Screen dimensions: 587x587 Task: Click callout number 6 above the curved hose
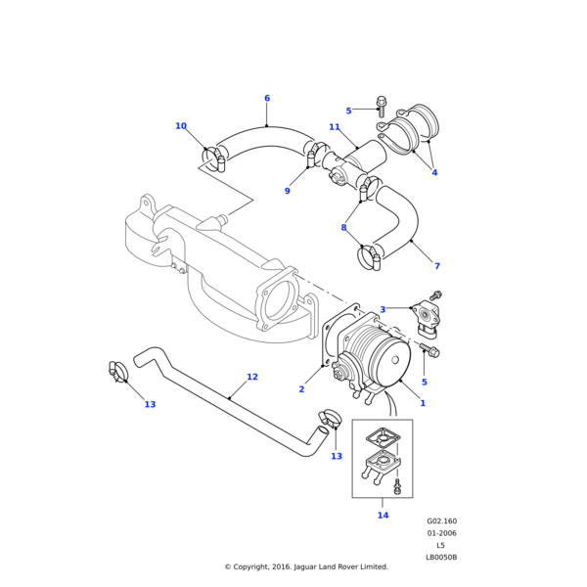pos(266,98)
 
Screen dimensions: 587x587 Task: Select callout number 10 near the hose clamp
pos(181,126)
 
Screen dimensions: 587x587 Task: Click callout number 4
pos(434,173)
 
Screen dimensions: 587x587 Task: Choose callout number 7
pos(437,266)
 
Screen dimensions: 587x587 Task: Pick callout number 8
pos(343,228)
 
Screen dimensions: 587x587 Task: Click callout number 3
pos(383,310)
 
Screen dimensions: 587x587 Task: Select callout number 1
pos(423,403)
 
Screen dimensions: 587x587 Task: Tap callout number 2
pos(301,389)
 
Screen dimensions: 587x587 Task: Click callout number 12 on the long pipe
pos(252,377)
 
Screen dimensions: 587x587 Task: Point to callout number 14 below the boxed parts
pos(383,516)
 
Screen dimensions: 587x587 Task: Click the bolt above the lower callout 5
pos(431,349)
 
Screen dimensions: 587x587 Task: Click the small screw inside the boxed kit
pos(398,484)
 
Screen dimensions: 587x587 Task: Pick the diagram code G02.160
pos(441,521)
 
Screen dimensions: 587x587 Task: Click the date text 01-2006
pos(441,533)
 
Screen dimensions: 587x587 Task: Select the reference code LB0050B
pos(441,557)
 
